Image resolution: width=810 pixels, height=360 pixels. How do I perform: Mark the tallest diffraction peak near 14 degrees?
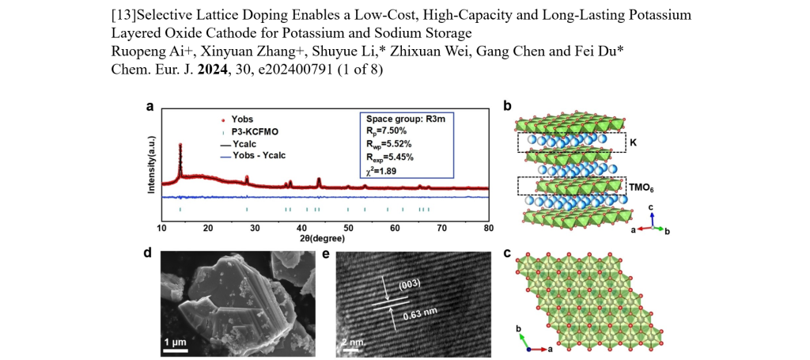point(181,147)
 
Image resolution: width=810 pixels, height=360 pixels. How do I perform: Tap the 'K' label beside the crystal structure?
point(631,143)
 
